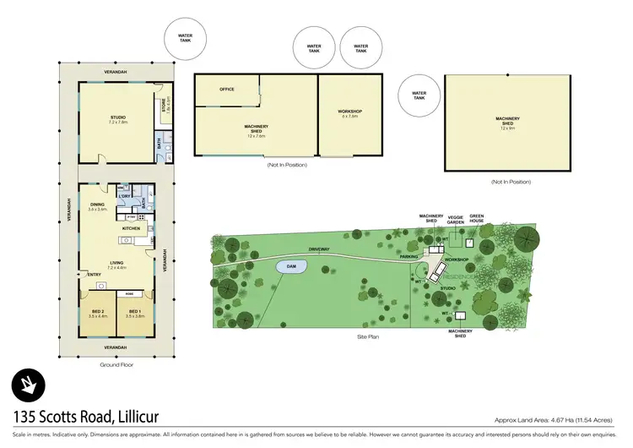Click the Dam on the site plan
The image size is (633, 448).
click(291, 266)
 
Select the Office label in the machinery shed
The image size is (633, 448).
click(226, 89)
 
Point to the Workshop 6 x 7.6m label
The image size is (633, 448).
click(349, 114)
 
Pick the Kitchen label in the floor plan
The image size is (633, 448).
click(131, 228)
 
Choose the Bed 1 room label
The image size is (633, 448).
click(135, 314)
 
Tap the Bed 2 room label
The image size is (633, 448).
click(98, 314)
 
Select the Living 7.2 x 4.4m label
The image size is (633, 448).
click(114, 265)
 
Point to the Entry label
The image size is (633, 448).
click(93, 274)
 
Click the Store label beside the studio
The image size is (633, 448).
click(165, 106)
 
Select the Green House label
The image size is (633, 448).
click(477, 218)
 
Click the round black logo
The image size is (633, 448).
click(29, 388)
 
